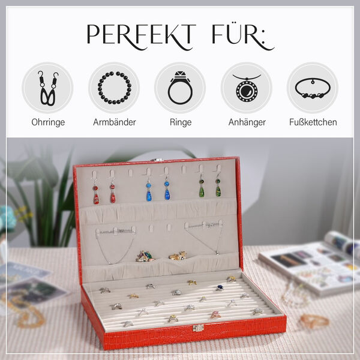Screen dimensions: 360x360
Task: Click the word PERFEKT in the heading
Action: (x=141, y=35)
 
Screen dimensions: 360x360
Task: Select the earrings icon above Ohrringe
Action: (x=48, y=88)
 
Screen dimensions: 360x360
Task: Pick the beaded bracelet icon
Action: (x=115, y=88)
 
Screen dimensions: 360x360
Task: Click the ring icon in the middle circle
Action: (x=180, y=88)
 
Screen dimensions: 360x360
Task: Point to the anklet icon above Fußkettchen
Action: (x=313, y=88)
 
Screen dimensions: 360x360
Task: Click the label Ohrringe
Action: (x=48, y=122)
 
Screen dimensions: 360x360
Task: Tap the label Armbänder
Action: (x=115, y=122)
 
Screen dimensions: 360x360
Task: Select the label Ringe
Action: (x=181, y=122)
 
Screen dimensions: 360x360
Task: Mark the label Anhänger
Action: (x=247, y=122)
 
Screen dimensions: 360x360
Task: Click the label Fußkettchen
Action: (x=313, y=122)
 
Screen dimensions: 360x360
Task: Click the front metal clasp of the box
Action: (x=199, y=328)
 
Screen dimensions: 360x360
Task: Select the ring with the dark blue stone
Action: (x=220, y=287)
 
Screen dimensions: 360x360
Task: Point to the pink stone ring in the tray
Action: (x=215, y=315)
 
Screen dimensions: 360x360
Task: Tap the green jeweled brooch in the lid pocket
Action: (x=144, y=256)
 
